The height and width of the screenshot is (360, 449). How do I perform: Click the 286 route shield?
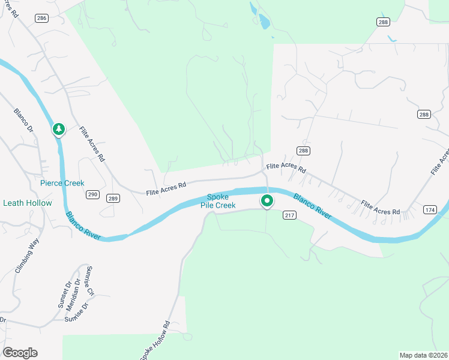[x=41, y=19]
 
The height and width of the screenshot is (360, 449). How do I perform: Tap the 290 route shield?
[x=92, y=194]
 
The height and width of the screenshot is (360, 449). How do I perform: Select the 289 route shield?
[x=113, y=198]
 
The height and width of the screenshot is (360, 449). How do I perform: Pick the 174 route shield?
[x=430, y=209]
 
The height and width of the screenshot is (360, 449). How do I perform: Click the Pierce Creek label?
[x=62, y=183]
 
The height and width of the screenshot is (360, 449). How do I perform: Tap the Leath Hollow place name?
[x=28, y=203]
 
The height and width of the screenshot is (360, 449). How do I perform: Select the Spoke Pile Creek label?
[x=218, y=201]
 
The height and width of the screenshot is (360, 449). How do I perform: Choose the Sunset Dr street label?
[x=64, y=294]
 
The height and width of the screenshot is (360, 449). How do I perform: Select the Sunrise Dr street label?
[x=77, y=314]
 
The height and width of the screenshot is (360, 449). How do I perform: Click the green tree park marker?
[x=58, y=129]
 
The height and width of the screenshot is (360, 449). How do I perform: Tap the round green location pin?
[x=267, y=201]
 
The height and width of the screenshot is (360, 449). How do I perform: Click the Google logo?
[x=20, y=353]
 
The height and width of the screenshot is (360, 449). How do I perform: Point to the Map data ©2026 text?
[x=423, y=355]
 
